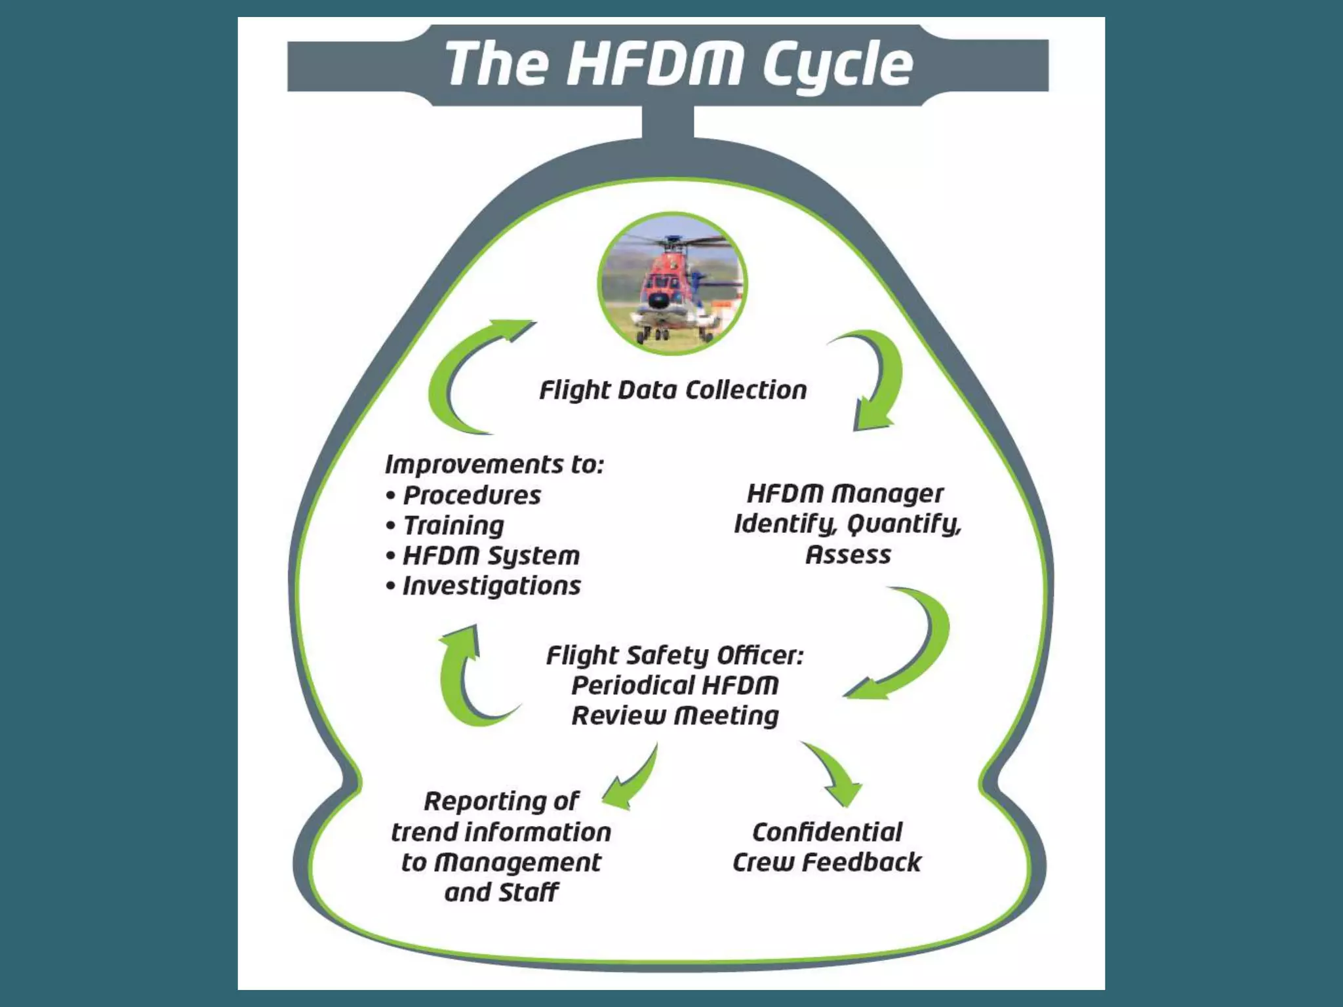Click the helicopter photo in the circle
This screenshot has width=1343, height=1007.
point(672,284)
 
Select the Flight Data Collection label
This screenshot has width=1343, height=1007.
point(673,390)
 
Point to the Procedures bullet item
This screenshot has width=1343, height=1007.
point(464,495)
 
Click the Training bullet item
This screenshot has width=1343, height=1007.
point(445,526)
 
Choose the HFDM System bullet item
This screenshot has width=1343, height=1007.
point(483,556)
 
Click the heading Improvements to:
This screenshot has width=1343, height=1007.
point(494,464)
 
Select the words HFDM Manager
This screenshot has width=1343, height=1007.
point(846,494)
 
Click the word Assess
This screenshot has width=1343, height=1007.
point(848,555)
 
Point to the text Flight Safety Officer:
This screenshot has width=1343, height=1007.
point(675,655)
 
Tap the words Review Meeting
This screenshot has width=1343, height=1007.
point(675,715)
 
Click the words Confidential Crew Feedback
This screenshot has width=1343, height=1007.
point(827,847)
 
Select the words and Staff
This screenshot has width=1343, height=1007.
point(502,892)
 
